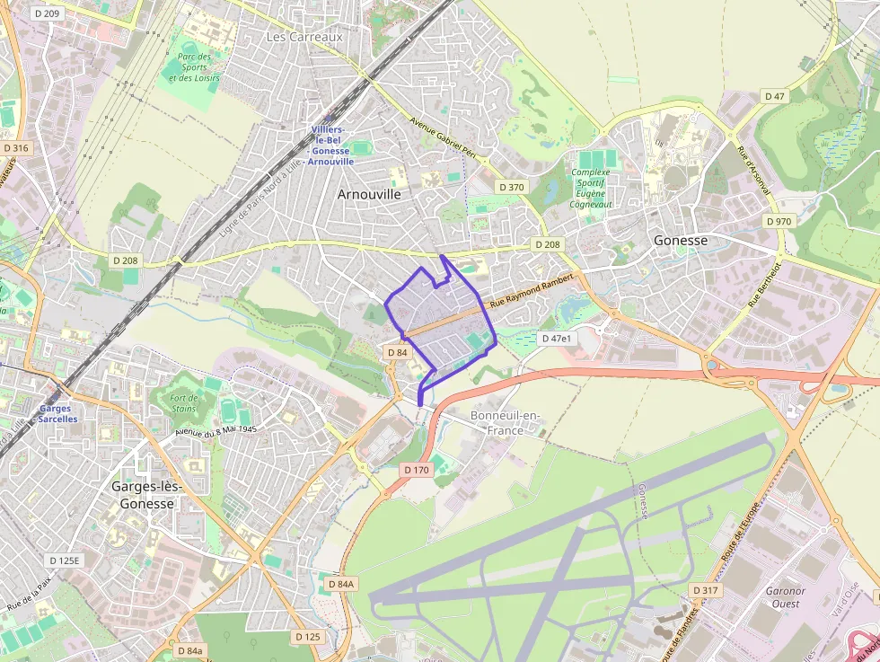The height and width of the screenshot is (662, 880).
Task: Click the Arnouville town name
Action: (x=369, y=194)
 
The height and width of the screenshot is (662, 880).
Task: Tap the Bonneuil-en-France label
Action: (x=506, y=422)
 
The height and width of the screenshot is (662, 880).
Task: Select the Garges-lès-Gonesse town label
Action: (x=147, y=495)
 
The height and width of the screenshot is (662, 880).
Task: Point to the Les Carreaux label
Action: (x=304, y=37)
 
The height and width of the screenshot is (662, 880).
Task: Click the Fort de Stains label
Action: (x=183, y=402)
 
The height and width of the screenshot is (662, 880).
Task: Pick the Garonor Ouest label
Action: (x=785, y=597)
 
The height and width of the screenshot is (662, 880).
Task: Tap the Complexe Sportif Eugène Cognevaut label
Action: (x=590, y=188)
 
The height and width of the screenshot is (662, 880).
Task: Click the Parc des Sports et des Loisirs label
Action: (x=194, y=67)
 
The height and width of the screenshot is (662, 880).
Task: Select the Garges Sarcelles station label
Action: (x=58, y=413)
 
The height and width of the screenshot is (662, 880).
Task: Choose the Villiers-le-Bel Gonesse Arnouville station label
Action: (x=331, y=146)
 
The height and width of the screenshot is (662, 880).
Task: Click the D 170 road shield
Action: (x=417, y=470)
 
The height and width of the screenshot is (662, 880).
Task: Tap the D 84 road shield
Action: (x=397, y=353)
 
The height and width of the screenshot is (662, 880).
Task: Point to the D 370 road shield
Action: (x=510, y=187)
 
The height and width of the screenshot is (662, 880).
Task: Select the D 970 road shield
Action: (x=779, y=221)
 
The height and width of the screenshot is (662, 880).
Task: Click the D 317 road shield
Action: (x=706, y=589)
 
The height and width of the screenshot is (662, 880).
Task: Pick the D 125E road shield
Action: (x=64, y=560)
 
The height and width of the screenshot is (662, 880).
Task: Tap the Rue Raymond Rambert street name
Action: (x=531, y=293)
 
